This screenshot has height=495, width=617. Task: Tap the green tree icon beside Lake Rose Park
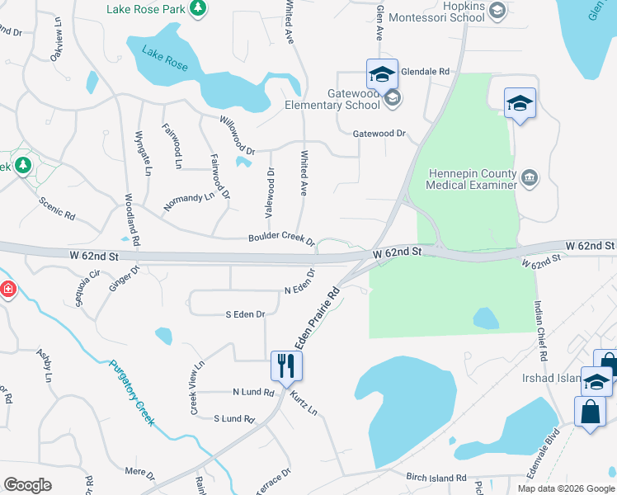tap(197, 8)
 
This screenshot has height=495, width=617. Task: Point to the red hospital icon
tap(7, 290)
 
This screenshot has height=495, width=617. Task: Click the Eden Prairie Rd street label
tap(318, 318)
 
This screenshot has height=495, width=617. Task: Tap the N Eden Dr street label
tap(300, 282)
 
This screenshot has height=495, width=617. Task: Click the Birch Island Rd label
tap(436, 478)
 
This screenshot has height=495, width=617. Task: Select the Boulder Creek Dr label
tap(281, 238)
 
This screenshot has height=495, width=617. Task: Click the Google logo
tap(27, 484)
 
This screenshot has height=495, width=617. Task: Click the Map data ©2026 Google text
tap(565, 488)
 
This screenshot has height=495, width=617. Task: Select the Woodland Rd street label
tap(132, 222)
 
